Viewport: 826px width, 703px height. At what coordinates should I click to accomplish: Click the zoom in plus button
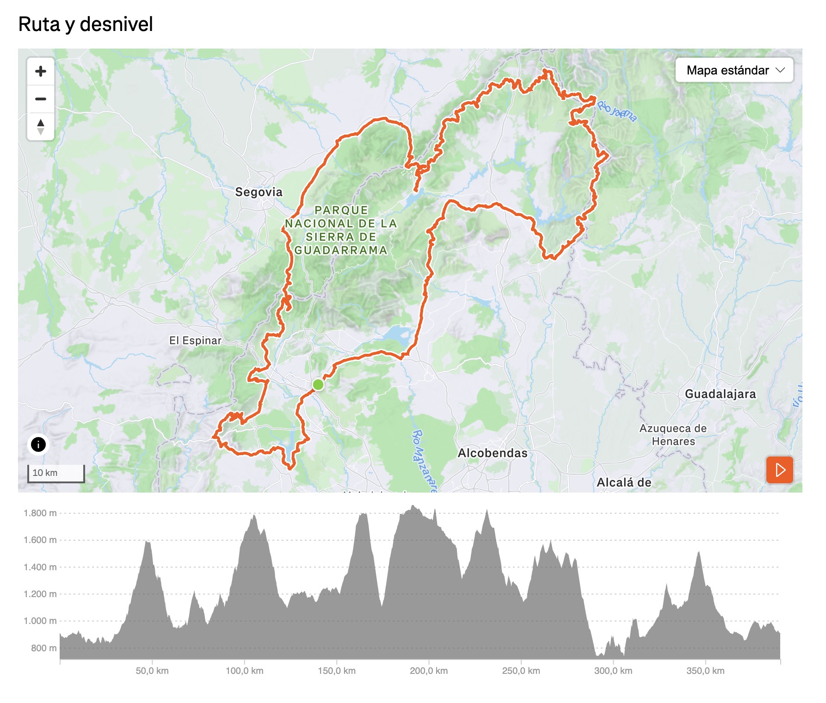[41, 71]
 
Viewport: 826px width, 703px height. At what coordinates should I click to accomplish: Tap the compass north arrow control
[41, 127]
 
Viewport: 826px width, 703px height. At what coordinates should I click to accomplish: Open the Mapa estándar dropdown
[734, 70]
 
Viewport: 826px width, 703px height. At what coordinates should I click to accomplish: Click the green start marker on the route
[318, 385]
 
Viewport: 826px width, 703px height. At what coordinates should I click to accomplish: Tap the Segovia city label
[259, 192]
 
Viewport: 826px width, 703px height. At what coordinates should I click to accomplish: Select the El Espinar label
[195, 340]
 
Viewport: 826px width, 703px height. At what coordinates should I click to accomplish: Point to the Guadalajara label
[720, 394]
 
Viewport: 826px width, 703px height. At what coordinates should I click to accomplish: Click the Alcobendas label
[493, 453]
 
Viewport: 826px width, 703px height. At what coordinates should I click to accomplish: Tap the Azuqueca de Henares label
[673, 435]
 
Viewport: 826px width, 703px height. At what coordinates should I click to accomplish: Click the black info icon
[38, 444]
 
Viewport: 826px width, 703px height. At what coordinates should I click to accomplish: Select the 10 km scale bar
[56, 473]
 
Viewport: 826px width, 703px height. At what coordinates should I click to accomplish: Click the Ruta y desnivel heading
[86, 24]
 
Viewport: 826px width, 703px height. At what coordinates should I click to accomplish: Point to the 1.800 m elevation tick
[40, 513]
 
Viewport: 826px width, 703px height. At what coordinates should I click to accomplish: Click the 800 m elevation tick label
[44, 648]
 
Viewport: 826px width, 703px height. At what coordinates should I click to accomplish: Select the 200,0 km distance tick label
[429, 671]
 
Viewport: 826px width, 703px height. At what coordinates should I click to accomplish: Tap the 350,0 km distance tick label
[705, 671]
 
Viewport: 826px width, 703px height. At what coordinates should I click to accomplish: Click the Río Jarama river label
[616, 111]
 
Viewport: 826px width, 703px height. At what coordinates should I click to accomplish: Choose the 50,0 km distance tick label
[152, 671]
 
